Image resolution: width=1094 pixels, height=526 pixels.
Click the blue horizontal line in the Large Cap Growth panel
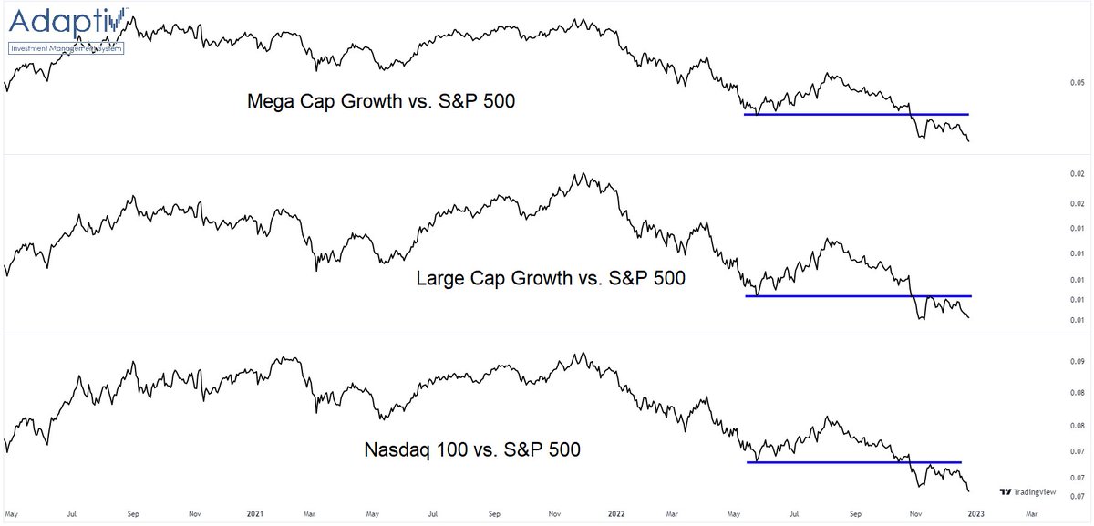pos(857,296)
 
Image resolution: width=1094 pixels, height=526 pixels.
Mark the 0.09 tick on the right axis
pos(1077,362)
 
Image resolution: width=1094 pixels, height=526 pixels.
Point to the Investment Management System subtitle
pos(66,47)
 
